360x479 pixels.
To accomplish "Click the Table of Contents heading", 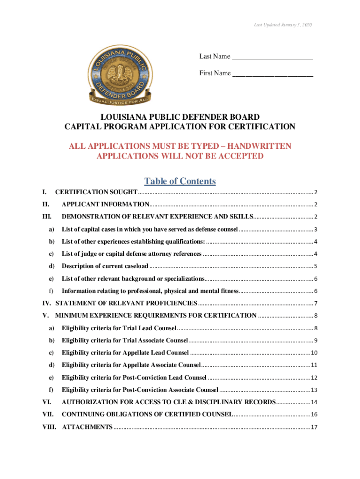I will click(x=180, y=181).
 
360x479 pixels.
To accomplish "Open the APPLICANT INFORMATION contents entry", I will click(x=105, y=204).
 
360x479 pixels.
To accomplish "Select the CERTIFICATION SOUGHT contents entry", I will click(x=96, y=192).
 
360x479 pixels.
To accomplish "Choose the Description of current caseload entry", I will click(x=105, y=266).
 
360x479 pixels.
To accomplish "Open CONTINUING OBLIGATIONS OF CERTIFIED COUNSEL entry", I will click(x=147, y=414).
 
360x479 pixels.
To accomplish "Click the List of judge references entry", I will click(x=131, y=254).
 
